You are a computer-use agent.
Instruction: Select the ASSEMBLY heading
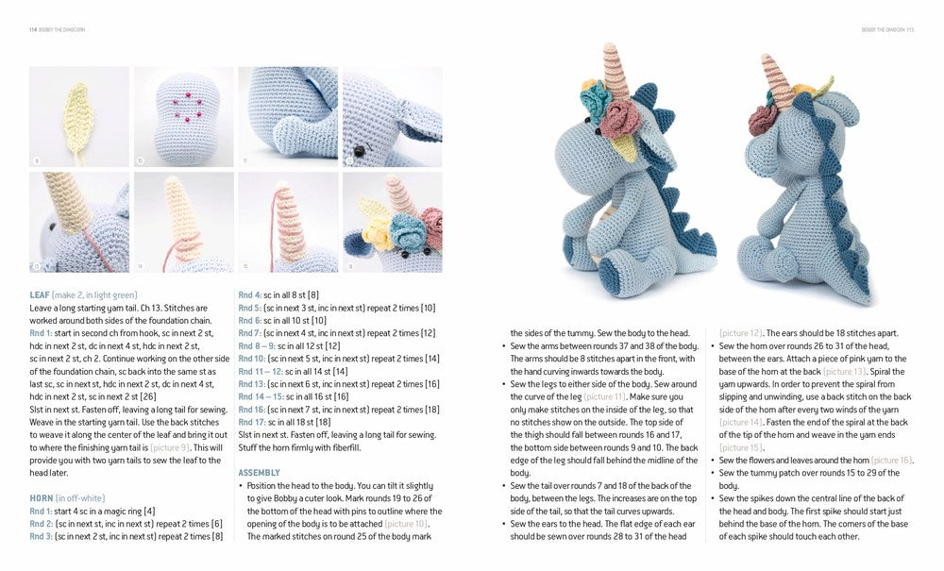259,472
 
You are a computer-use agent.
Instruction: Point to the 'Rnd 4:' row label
250,294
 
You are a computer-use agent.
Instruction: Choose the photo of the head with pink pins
183,115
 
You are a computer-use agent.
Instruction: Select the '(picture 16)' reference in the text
891,460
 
